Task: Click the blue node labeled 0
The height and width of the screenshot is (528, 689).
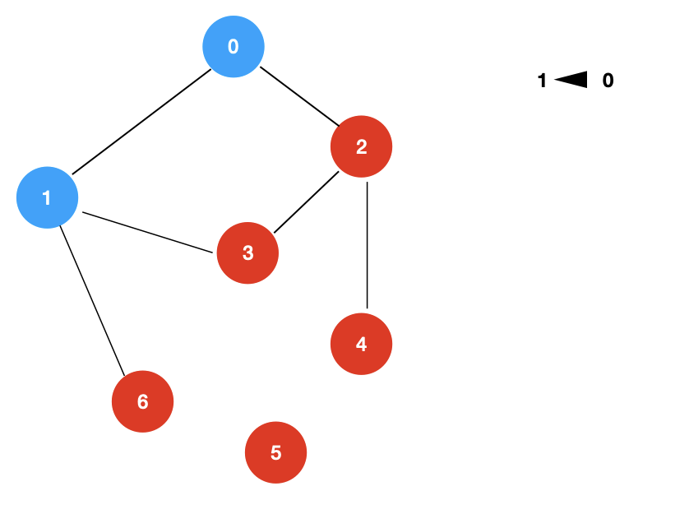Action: click(234, 47)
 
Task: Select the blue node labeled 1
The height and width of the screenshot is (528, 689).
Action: click(48, 198)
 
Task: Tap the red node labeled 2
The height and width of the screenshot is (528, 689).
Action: click(361, 147)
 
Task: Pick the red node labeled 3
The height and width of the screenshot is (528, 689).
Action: click(247, 253)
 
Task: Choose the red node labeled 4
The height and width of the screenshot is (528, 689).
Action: click(361, 344)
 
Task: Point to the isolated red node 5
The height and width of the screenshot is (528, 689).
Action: click(276, 452)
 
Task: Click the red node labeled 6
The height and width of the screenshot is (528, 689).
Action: click(142, 401)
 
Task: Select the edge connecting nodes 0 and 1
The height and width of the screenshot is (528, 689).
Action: click(140, 123)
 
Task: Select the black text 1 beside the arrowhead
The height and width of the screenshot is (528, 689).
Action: click(541, 81)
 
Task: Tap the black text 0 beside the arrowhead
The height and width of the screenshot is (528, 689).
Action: click(608, 81)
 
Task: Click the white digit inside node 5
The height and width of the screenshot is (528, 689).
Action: click(276, 452)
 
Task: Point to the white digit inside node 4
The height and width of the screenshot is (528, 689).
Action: click(361, 344)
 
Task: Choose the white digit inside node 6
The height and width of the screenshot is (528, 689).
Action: click(142, 401)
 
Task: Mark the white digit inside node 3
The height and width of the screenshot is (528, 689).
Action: click(247, 253)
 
